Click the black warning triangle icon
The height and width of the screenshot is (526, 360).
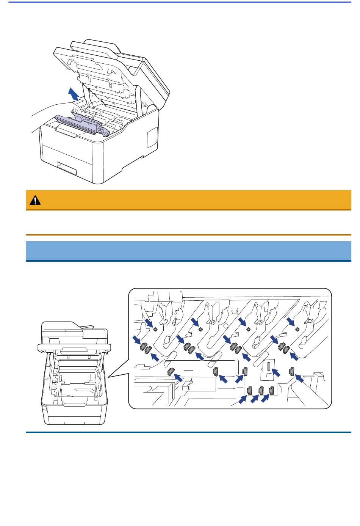[x=35, y=200]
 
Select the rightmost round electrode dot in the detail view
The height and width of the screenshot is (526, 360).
[x=297, y=328]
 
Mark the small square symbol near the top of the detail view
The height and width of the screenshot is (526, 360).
[x=234, y=311]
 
